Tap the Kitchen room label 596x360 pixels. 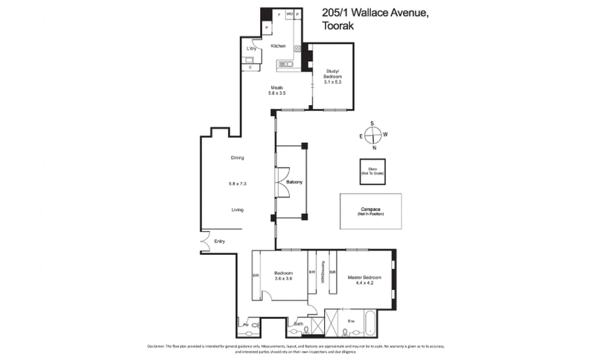[279, 46]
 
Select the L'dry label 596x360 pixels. [251, 49]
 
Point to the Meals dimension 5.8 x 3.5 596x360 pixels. [278, 93]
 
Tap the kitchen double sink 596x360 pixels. [286, 65]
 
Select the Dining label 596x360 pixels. [238, 158]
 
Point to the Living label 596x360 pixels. [238, 210]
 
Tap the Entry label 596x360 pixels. [219, 241]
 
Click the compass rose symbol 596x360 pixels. [372, 135]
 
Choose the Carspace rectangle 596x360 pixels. [370, 212]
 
